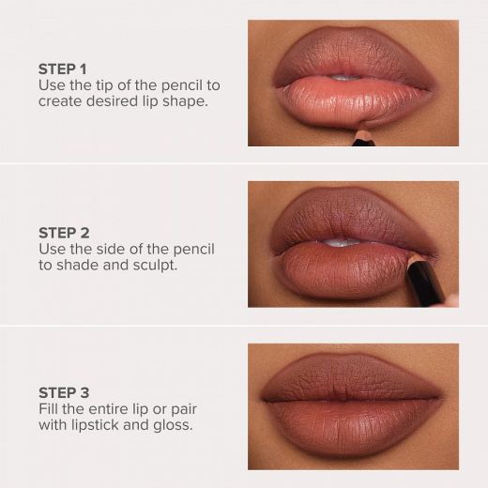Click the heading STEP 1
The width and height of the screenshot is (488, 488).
pyautogui.click(x=62, y=69)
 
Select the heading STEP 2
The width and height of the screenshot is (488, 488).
pyautogui.click(x=63, y=231)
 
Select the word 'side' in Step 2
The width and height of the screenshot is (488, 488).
pyautogui.click(x=106, y=248)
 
